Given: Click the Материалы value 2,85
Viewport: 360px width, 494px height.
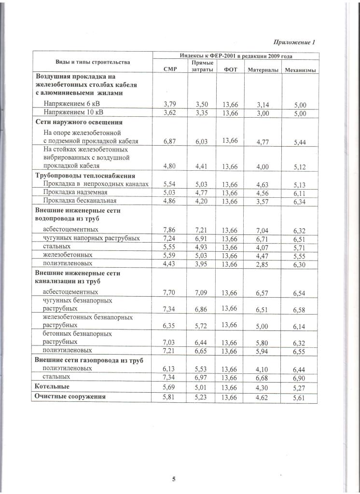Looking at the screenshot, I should pyautogui.click(x=265, y=263).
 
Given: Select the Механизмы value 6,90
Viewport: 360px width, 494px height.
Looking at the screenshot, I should pyautogui.click(x=301, y=377).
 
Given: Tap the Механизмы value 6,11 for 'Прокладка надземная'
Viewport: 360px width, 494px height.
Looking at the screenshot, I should pyautogui.click(x=301, y=192).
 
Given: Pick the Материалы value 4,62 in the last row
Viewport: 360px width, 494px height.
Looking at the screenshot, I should pyautogui.click(x=264, y=398).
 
